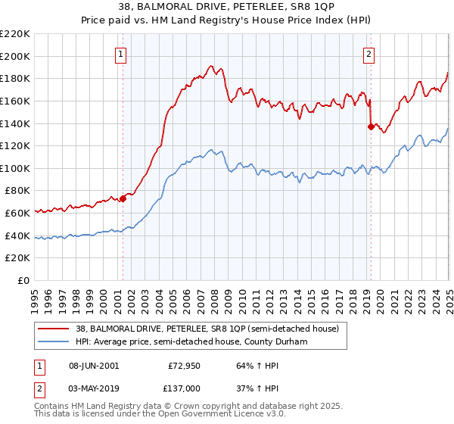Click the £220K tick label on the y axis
click(x=16, y=34)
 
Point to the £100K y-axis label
click(x=16, y=168)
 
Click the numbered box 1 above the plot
click(x=122, y=54)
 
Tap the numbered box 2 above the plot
click(x=368, y=54)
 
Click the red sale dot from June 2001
click(x=123, y=198)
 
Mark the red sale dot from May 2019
click(x=370, y=126)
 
